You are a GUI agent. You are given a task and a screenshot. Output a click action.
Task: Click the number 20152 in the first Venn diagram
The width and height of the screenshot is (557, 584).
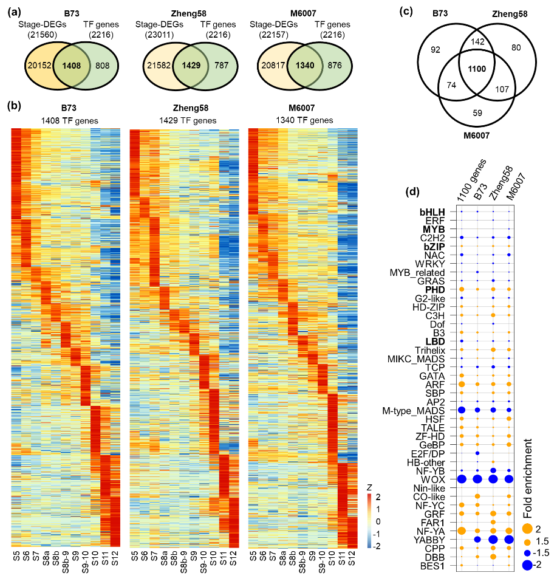(39, 66)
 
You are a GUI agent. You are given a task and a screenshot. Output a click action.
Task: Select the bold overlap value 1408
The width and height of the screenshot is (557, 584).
(72, 66)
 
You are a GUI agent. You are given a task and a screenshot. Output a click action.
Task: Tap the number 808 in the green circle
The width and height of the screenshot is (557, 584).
(103, 66)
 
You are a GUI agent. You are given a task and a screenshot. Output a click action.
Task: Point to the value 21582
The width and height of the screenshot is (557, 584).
(159, 66)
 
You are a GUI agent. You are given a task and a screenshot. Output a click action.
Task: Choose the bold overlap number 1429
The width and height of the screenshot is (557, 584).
(191, 66)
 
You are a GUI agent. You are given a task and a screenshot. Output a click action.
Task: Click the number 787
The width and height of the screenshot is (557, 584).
(221, 66)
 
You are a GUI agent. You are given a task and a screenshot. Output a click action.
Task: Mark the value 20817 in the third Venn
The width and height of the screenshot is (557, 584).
(273, 66)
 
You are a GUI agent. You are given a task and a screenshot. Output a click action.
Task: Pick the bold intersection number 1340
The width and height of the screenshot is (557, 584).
(306, 66)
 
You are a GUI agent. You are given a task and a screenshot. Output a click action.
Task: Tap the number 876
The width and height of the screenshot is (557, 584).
(335, 66)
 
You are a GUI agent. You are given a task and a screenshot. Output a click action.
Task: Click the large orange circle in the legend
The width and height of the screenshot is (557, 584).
(527, 529)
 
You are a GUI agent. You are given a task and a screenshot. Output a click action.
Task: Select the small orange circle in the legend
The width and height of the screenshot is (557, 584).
(527, 542)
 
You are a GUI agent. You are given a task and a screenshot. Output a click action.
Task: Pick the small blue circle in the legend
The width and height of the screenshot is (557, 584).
(527, 553)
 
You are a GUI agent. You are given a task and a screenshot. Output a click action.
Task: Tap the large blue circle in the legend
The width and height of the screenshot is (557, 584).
(527, 565)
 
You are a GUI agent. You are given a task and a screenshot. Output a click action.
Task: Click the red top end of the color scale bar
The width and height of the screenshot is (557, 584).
(369, 496)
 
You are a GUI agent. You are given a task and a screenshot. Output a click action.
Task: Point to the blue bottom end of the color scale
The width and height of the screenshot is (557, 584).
(369, 544)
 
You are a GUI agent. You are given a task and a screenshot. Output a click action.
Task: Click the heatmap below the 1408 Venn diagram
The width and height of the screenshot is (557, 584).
(66, 337)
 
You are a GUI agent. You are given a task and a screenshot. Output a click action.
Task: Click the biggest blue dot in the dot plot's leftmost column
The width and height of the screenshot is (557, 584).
(462, 479)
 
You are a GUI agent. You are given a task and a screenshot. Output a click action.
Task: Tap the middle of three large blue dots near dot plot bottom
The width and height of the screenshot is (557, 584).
(493, 539)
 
